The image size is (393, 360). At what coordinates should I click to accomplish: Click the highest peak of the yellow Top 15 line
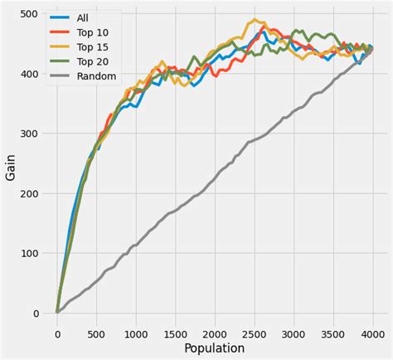coord(254,20)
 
